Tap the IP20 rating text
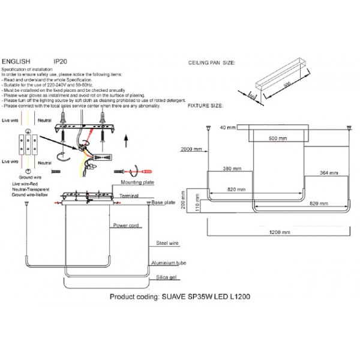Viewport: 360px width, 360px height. pyautogui.click(x=61, y=62)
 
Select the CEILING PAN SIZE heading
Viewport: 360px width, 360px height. pyautogui.click(x=211, y=62)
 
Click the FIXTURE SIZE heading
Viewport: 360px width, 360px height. pyautogui.click(x=205, y=105)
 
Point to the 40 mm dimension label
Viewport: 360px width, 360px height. pyautogui.click(x=227, y=127)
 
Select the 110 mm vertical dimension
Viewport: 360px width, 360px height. pyautogui.click(x=197, y=206)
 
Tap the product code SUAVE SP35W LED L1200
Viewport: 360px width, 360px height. pyautogui.click(x=181, y=297)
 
